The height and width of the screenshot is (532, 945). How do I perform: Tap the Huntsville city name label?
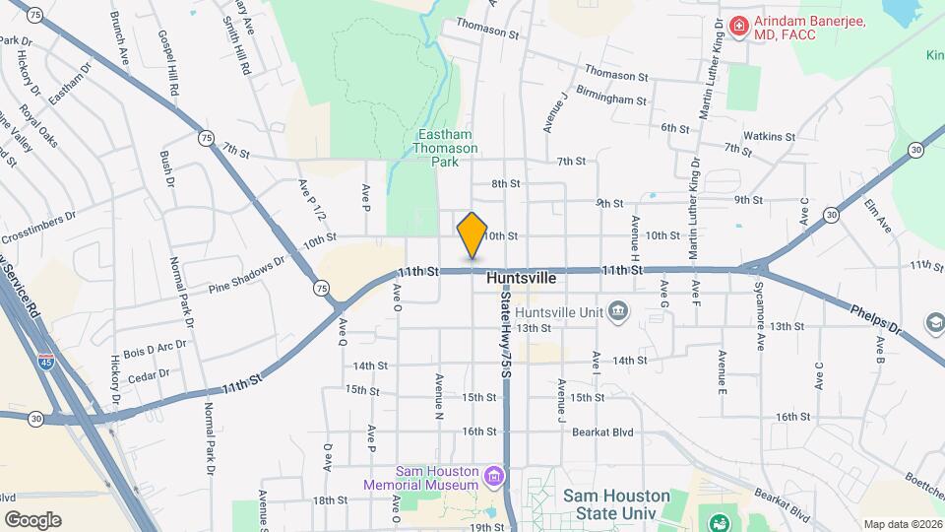click(x=522, y=279)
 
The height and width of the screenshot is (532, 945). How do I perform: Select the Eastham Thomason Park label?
click(x=447, y=147)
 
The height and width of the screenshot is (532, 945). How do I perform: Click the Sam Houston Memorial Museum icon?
click(x=494, y=478)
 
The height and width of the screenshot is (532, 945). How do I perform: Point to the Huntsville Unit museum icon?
click(x=617, y=311)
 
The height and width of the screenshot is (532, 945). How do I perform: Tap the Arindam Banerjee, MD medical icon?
click(x=737, y=25)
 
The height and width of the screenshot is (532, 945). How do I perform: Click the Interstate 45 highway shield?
click(x=46, y=362)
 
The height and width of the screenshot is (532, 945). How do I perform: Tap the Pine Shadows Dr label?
click(x=246, y=276)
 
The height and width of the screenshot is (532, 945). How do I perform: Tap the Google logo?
click(x=32, y=519)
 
